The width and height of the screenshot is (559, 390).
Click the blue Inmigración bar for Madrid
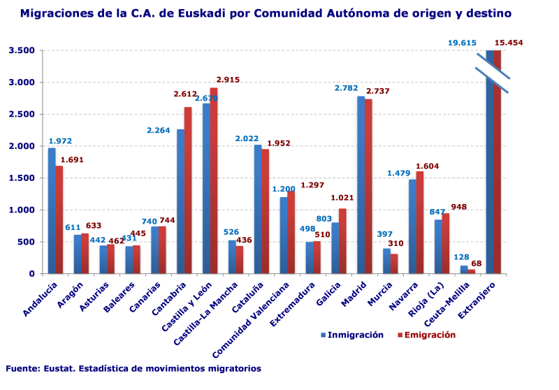(361, 185)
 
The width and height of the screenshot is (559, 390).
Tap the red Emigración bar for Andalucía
(59, 219)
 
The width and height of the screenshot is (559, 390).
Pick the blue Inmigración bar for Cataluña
(258, 209)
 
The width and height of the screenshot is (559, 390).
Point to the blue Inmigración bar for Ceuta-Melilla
(464, 269)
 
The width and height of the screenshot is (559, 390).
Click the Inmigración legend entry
(353, 335)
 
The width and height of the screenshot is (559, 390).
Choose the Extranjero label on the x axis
(479, 301)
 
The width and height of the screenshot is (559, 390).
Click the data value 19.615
(463, 43)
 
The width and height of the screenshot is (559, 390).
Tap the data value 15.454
(509, 43)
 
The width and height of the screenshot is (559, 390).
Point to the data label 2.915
(228, 80)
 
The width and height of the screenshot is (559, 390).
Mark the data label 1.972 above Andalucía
(61, 141)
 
